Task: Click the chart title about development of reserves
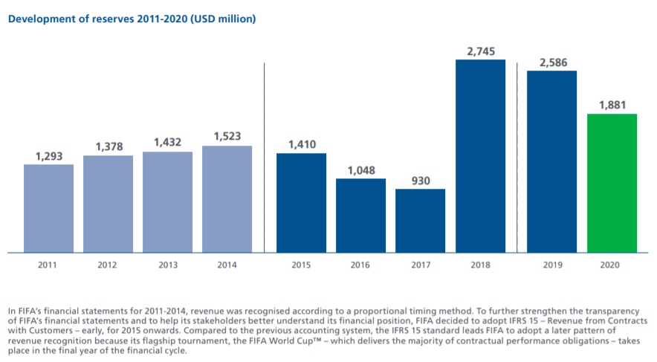(x=132, y=19)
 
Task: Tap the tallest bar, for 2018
(x=480, y=156)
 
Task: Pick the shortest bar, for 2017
(x=420, y=221)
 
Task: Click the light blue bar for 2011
(x=48, y=208)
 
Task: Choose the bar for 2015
(x=301, y=203)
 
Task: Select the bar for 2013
(x=167, y=202)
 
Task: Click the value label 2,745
(x=480, y=51)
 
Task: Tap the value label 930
(x=420, y=181)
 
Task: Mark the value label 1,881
(x=612, y=105)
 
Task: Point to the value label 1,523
(x=227, y=137)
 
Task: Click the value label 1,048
(x=360, y=170)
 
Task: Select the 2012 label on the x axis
(x=108, y=264)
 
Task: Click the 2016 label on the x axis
(x=360, y=264)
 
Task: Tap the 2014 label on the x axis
(x=227, y=264)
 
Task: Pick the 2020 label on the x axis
(x=612, y=264)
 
